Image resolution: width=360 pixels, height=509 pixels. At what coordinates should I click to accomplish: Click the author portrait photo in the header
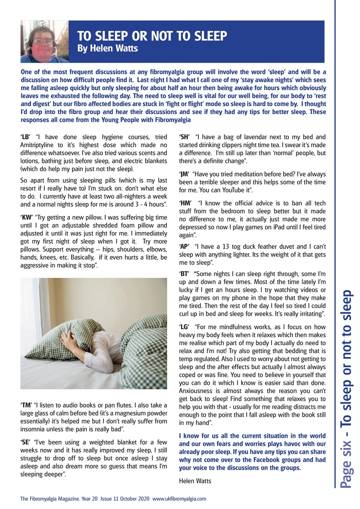tap(44, 42)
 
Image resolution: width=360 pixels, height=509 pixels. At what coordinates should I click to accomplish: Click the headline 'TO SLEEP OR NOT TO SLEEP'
tap(152, 36)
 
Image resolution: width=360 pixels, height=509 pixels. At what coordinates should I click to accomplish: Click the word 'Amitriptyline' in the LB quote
tap(38, 145)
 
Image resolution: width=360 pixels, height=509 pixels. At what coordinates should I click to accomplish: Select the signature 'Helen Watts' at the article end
tap(195, 481)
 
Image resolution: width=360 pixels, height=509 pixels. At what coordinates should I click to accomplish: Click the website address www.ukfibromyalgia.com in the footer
tap(179, 498)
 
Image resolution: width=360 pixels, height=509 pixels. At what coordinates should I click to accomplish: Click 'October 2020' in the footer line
tap(133, 498)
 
